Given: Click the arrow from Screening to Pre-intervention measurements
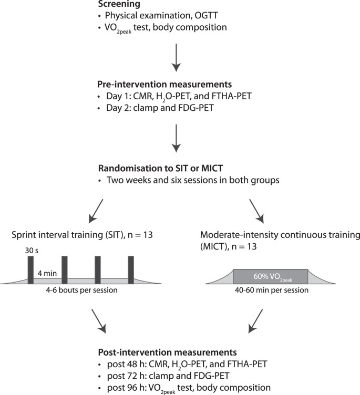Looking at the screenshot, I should [177, 58].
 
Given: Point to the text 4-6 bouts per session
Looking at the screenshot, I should [80, 290].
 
